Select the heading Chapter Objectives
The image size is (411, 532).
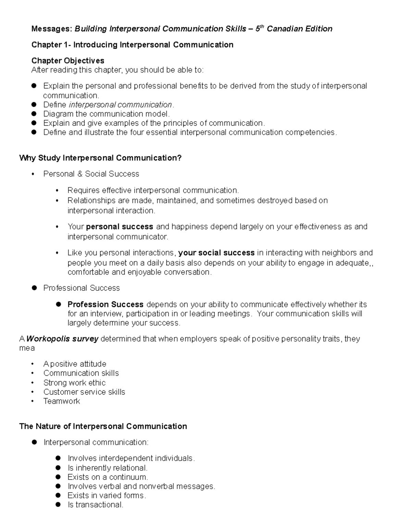click(x=68, y=61)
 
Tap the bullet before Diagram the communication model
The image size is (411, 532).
click(x=34, y=114)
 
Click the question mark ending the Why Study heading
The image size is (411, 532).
click(x=179, y=158)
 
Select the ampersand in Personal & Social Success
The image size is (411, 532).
click(x=80, y=174)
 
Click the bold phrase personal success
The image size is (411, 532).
click(x=120, y=227)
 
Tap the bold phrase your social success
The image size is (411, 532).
click(x=216, y=253)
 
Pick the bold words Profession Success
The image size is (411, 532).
click(x=105, y=305)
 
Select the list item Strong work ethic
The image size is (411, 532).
click(x=74, y=383)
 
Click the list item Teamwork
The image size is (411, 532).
click(x=62, y=401)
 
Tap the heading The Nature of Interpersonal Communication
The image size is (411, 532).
click(x=103, y=426)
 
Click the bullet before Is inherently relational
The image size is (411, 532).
click(x=58, y=468)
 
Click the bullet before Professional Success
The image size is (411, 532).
click(x=34, y=288)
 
